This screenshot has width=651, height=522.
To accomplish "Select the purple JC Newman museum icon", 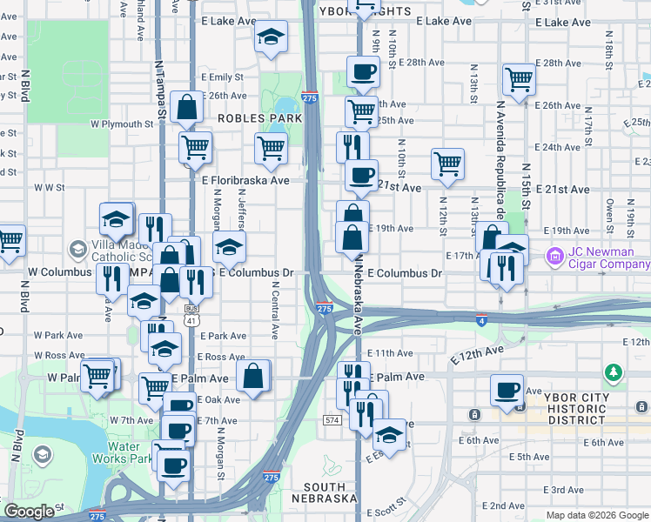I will coord(554,258).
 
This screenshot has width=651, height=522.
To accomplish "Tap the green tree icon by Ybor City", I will coord(615,373).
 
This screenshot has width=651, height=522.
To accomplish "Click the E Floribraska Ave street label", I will coord(245,181).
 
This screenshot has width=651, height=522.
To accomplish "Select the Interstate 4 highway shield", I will coord(482,320).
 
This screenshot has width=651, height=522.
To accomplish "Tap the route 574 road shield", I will coord(332,420).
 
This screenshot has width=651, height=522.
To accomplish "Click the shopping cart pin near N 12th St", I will coord(447,163).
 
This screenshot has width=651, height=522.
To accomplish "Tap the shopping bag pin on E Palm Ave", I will coord(253,377).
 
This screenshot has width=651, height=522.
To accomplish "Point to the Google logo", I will coord(29,512).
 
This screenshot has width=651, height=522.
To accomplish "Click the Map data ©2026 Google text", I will coord(598,514).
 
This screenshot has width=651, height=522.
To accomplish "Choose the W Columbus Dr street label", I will coord(60,272).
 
